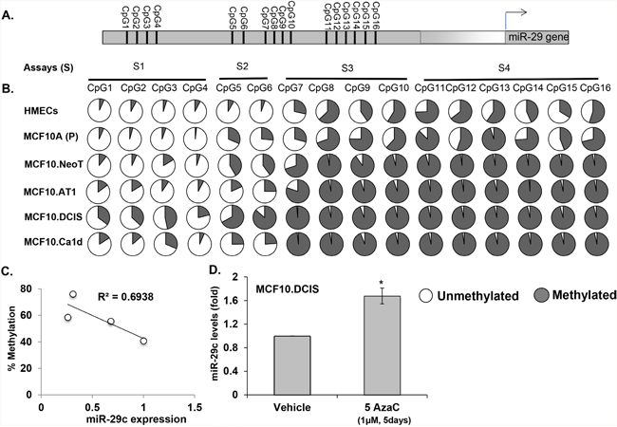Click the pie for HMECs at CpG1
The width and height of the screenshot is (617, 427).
pyautogui.click(x=103, y=112)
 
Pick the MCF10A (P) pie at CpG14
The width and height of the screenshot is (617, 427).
pyautogui.click(x=526, y=139)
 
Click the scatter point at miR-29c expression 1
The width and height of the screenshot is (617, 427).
pyautogui.click(x=143, y=341)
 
